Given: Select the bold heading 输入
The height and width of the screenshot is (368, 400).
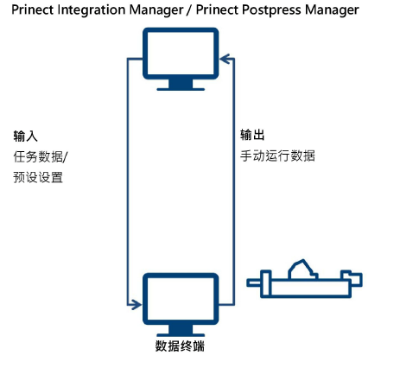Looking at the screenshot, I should (25, 136).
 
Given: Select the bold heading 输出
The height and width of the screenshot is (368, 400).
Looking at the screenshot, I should (252, 136).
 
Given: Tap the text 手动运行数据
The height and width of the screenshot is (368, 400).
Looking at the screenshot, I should (277, 156).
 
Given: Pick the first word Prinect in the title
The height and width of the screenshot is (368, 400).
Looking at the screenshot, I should (31, 10).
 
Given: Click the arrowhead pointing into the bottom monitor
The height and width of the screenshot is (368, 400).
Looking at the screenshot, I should (135, 304).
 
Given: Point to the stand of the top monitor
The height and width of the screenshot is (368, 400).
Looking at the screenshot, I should (180, 84).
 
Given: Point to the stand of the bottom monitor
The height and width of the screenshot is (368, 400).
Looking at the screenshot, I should (180, 330).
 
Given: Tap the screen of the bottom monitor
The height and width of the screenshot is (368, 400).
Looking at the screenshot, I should (180, 298).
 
